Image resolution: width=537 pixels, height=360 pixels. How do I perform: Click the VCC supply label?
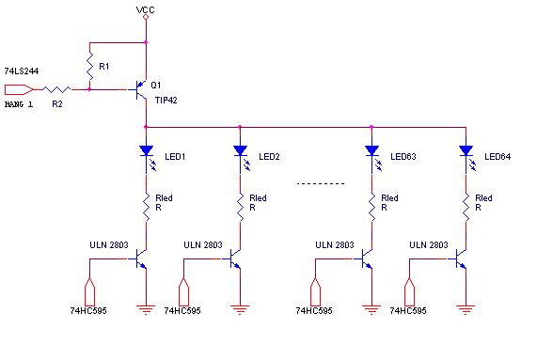pos(146,9)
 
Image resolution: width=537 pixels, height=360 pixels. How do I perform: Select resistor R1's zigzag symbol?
pos(89,66)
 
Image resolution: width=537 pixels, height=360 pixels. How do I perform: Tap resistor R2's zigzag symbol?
pos(56,89)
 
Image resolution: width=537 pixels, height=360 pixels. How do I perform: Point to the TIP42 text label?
pos(166,101)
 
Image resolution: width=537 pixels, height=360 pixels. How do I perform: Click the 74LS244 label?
pos(22,71)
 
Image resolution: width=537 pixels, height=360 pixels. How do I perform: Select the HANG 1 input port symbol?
pos(19,89)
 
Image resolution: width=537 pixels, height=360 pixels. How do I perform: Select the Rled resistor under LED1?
pos(146,208)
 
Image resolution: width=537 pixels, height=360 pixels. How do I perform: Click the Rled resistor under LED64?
pos(466,208)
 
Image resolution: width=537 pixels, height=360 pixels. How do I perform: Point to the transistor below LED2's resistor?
pos(235,258)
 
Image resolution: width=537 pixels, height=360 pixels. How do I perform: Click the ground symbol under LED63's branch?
pos(371,309)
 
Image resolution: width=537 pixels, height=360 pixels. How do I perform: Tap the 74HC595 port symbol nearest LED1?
pos(89,291)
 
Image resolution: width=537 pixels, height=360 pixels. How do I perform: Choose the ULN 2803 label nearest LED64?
pos(429,245)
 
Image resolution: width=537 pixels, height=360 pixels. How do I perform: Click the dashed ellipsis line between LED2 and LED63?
pos(321,184)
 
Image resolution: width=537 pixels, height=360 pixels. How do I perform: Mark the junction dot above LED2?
pos(240,127)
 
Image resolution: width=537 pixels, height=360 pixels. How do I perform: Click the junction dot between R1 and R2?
pos(89,89)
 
